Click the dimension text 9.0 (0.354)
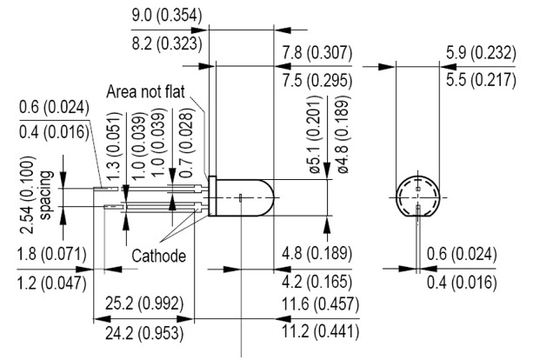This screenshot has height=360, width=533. (x=167, y=16)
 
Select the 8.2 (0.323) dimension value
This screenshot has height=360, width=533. (x=167, y=43)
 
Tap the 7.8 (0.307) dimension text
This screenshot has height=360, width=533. (x=317, y=53)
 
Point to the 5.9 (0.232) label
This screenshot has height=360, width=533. (x=481, y=53)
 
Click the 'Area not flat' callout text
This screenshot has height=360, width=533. (x=145, y=92)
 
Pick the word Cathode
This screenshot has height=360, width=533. (x=159, y=256)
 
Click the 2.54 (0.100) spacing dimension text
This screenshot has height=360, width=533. (x=37, y=195)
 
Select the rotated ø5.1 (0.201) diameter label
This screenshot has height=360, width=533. (x=315, y=135)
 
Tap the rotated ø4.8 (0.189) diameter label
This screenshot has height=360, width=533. (x=343, y=135)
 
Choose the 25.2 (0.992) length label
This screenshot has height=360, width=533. (x=144, y=303)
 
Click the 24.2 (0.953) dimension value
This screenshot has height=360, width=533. (x=144, y=333)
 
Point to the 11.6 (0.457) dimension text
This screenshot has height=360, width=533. (x=320, y=303)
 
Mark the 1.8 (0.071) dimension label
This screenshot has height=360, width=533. (x=52, y=254)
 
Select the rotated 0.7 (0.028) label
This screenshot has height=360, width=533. (x=186, y=143)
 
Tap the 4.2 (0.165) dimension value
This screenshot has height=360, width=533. (x=317, y=282)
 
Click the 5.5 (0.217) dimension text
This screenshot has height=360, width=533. (x=481, y=80)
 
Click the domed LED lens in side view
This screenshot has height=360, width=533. (x=245, y=197)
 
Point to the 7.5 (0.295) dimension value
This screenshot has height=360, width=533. (x=317, y=81)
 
